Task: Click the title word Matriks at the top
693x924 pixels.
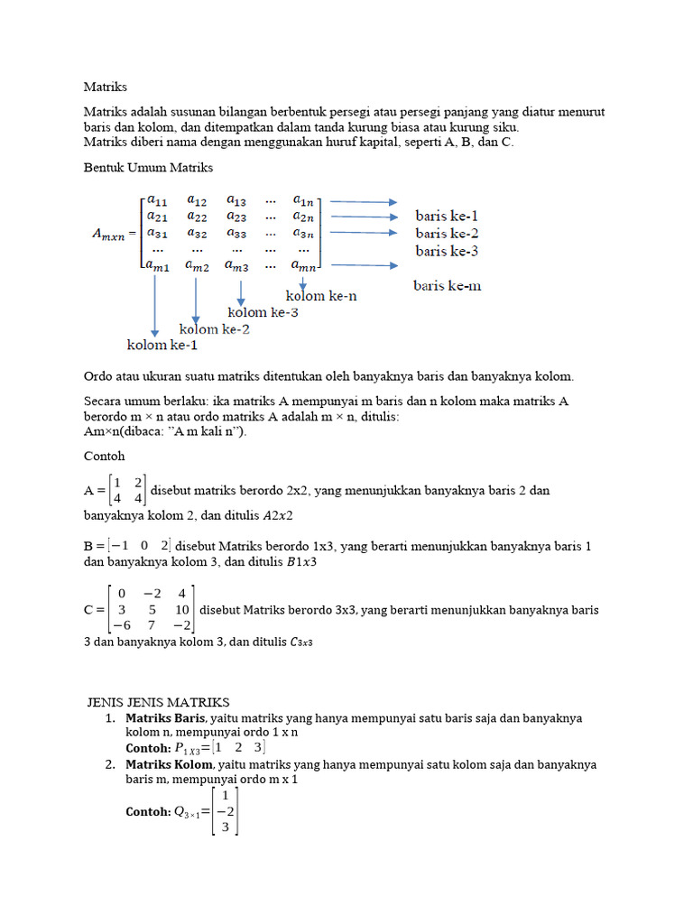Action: (106, 88)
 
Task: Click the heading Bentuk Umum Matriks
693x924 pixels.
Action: (148, 168)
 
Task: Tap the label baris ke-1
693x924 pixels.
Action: (447, 217)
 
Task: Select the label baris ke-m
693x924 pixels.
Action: (447, 285)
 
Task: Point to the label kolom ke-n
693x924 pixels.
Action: (321, 295)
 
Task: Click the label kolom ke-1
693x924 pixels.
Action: (162, 345)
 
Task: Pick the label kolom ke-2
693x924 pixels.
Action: (215, 328)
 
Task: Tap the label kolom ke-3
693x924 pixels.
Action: (263, 312)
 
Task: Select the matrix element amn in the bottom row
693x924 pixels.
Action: (304, 265)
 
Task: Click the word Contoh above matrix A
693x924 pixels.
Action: (104, 456)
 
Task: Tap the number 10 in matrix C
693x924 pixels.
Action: (183, 609)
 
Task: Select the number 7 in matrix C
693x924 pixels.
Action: (152, 625)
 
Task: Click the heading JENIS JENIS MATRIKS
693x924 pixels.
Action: (159, 702)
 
